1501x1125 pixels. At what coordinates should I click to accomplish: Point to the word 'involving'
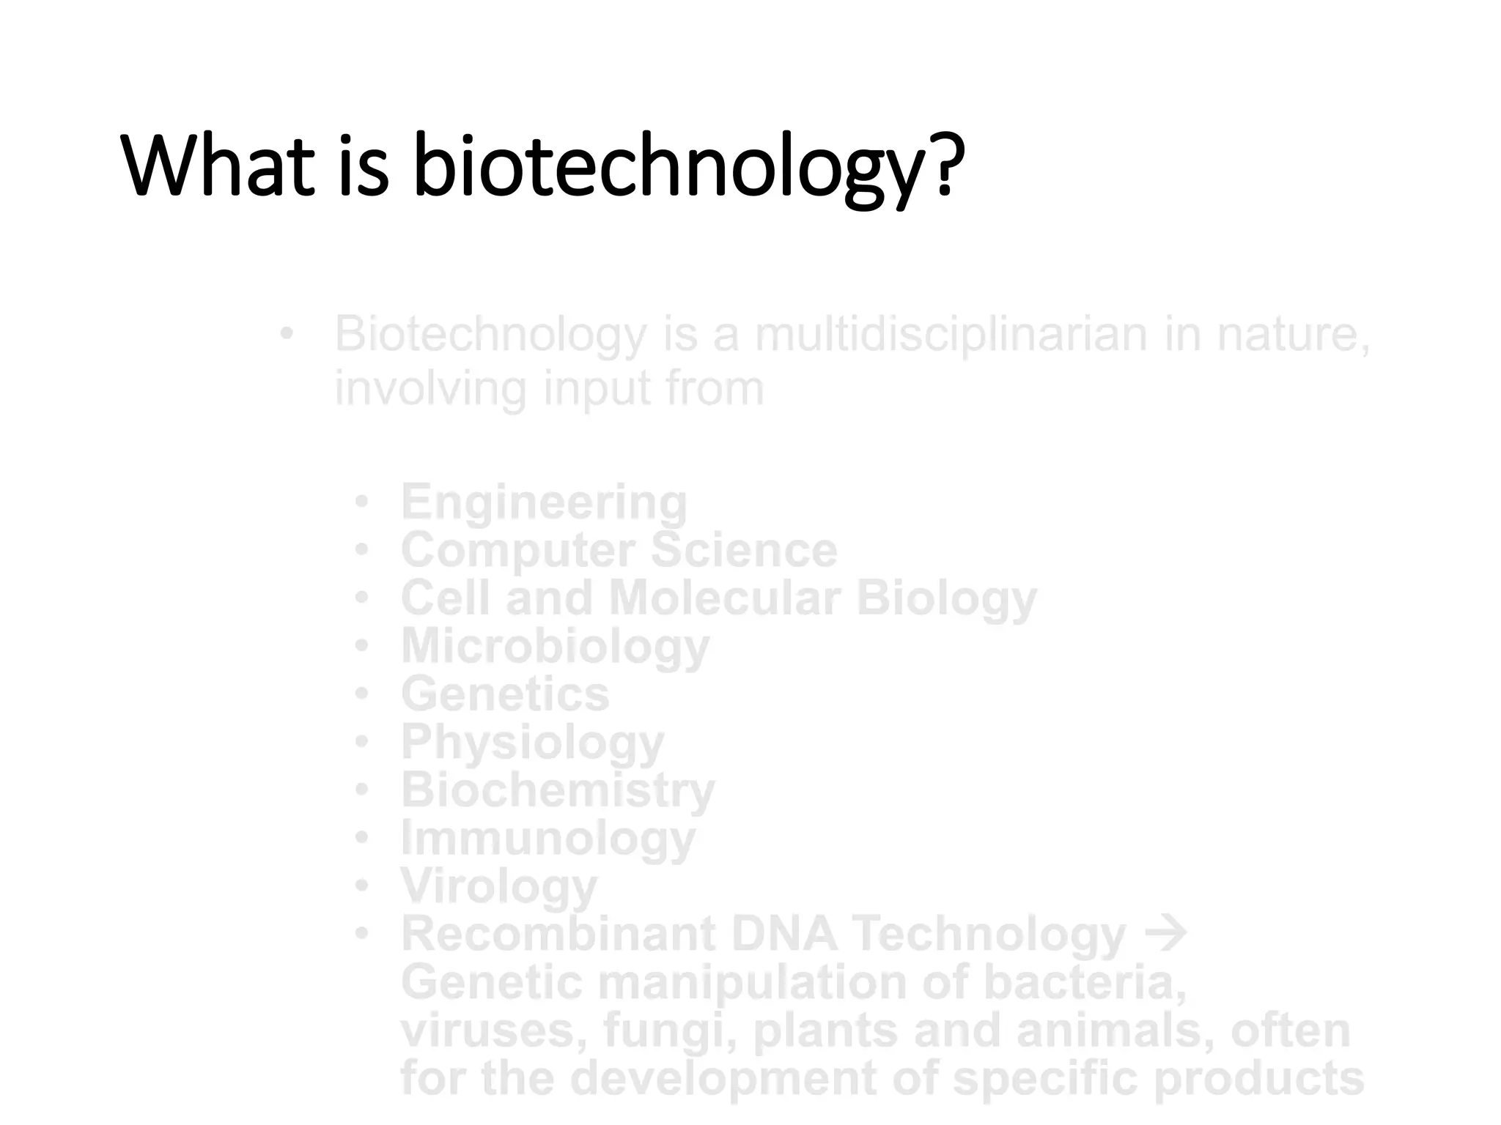pos(430,389)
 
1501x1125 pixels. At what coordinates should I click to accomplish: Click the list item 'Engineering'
pos(544,503)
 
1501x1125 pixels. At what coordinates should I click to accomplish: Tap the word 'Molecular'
pos(724,598)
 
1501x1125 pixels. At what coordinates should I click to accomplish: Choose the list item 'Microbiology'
pos(555,647)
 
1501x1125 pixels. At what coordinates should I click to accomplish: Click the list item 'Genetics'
pos(505,694)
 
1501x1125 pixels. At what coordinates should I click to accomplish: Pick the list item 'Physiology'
pos(532,743)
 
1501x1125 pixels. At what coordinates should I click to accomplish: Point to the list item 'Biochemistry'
pos(558,790)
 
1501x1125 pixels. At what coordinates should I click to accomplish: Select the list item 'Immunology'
pos(547,839)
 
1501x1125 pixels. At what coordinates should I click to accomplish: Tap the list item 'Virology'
pos(499,886)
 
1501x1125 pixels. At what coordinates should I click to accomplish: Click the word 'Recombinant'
pos(558,934)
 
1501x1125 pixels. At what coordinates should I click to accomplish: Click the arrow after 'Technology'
pos(1165,933)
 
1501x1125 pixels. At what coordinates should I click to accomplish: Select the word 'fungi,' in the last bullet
pos(670,1031)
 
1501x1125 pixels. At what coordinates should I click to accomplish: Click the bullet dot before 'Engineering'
pos(361,502)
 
